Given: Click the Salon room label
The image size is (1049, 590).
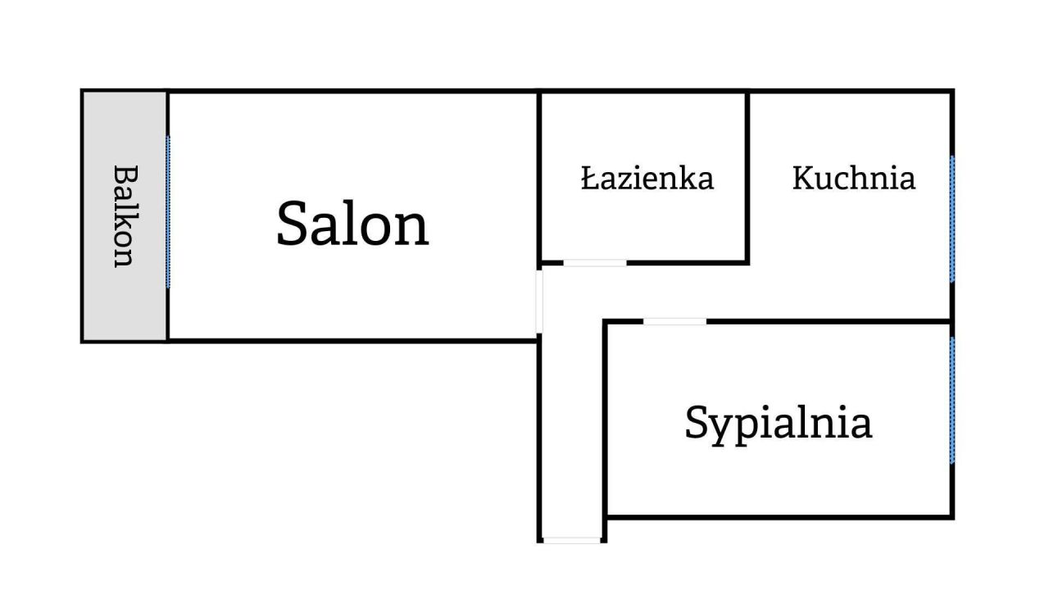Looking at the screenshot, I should tap(352, 224).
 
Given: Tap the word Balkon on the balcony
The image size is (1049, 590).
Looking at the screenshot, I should tap(124, 216).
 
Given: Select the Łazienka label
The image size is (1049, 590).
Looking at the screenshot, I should tap(647, 178).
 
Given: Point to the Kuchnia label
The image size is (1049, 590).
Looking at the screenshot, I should tap(853, 178).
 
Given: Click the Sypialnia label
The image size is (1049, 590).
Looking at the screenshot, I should tap(778, 423).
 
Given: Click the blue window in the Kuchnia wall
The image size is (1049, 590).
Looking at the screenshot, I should tap(952, 219).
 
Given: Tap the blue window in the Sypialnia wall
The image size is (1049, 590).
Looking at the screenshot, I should tap(952, 400).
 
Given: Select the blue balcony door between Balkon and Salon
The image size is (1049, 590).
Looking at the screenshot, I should tap(168, 211).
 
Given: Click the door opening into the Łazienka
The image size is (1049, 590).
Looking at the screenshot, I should tap(595, 263).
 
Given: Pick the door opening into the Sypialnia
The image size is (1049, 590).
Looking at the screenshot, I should tap(674, 321).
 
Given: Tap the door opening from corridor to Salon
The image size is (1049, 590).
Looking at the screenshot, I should tap(539, 300).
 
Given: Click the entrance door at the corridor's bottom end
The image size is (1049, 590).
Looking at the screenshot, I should tap(571, 540).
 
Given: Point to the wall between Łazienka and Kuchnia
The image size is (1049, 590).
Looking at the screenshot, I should tap(747, 176).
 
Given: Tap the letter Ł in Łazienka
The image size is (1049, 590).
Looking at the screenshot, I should tap(588, 178).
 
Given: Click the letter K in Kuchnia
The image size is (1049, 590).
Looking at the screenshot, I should tap(804, 178).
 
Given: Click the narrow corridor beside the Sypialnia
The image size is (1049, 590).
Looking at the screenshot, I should tap(571, 426).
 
